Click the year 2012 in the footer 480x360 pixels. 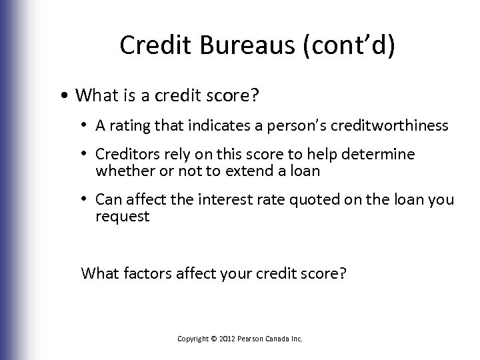click(225, 339)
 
